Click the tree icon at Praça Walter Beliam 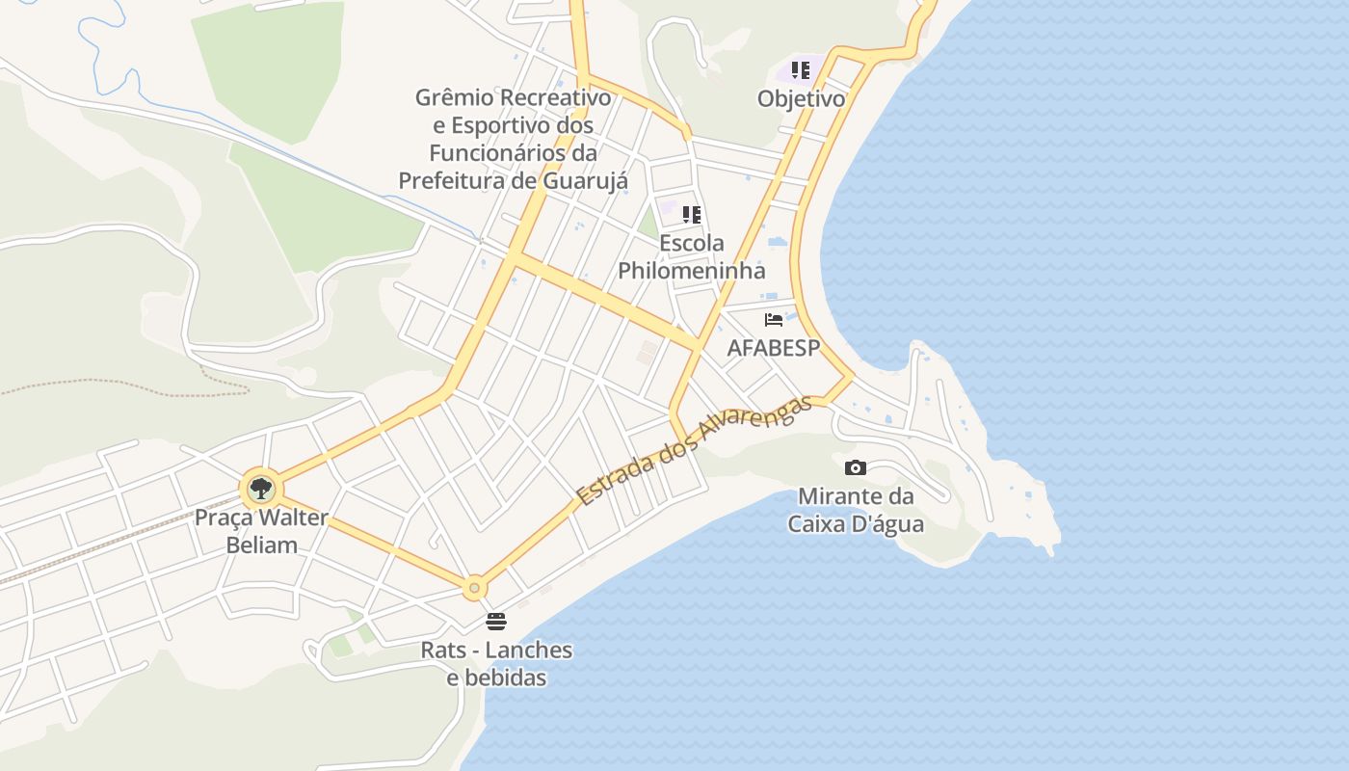pyautogui.click(x=260, y=489)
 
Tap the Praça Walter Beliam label pyautogui.click(x=261, y=531)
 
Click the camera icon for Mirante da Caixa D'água pyautogui.click(x=855, y=468)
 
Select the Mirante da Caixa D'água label pyautogui.click(x=856, y=511)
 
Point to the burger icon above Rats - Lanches pyautogui.click(x=496, y=621)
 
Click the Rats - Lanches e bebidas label pyautogui.click(x=496, y=664)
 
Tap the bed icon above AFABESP pyautogui.click(x=773, y=320)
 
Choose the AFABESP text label pyautogui.click(x=773, y=348)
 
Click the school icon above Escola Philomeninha pyautogui.click(x=692, y=214)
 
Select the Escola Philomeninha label pyautogui.click(x=692, y=256)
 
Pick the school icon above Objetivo pyautogui.click(x=801, y=70)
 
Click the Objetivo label pyautogui.click(x=801, y=99)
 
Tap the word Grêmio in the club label pyautogui.click(x=455, y=97)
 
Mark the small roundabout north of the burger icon pyautogui.click(x=474, y=587)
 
